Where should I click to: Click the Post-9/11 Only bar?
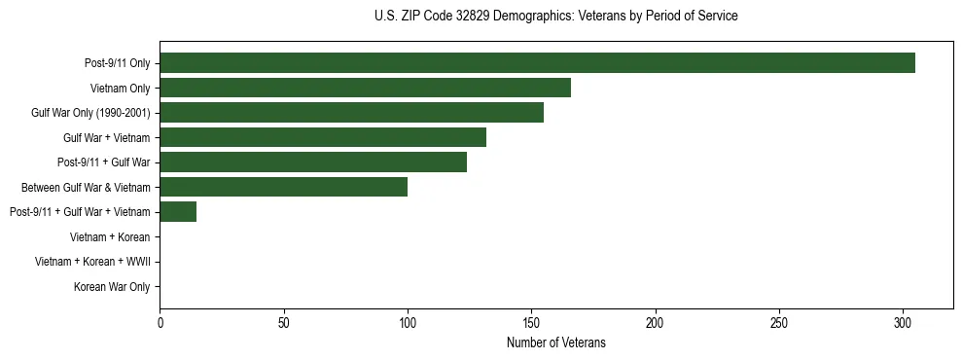[537, 63]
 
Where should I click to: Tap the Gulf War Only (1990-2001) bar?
[351, 113]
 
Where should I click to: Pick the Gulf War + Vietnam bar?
[323, 137]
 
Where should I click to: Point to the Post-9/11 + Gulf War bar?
[313, 162]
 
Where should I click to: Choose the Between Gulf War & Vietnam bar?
[283, 187]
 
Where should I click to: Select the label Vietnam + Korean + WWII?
[92, 262]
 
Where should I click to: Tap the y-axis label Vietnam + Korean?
[110, 236]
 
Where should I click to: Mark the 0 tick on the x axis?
[160, 322]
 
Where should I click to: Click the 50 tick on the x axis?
[283, 322]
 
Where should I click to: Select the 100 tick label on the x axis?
[408, 322]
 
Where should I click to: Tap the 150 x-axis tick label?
[531, 322]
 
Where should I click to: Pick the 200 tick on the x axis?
[656, 322]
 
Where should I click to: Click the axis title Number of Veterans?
[556, 342]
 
